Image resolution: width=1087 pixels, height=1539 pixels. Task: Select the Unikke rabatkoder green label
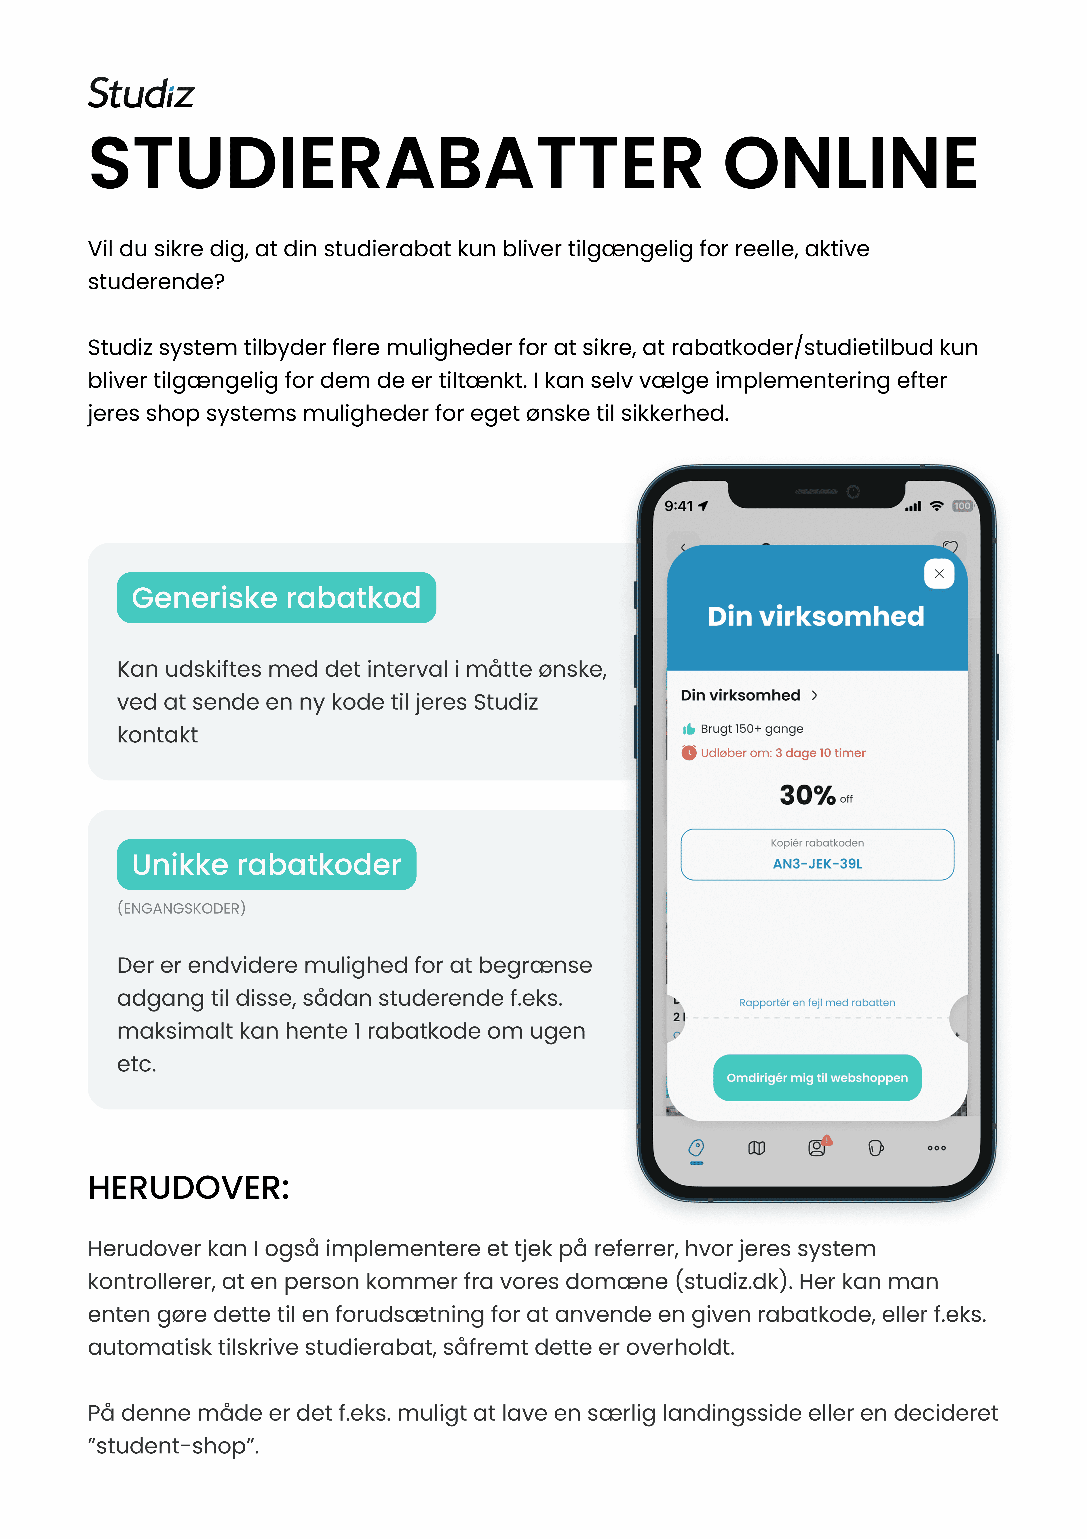[x=266, y=865]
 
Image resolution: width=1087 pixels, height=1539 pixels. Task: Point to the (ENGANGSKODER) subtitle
[x=181, y=908]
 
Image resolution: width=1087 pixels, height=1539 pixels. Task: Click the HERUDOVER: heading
[x=188, y=1188]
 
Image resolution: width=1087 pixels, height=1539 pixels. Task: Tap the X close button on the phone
[x=939, y=574]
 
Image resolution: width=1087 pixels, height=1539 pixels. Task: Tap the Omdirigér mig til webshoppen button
[x=817, y=1078]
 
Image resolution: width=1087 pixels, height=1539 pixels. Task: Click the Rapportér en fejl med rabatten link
[x=817, y=1003]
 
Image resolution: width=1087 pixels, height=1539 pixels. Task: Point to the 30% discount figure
[x=807, y=795]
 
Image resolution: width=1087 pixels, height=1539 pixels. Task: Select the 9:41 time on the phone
[x=678, y=506]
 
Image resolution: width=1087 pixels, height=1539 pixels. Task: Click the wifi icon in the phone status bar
[x=936, y=506]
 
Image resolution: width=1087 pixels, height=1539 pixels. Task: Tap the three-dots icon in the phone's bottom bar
[x=936, y=1148]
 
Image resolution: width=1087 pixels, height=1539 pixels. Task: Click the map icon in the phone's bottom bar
[x=757, y=1148]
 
